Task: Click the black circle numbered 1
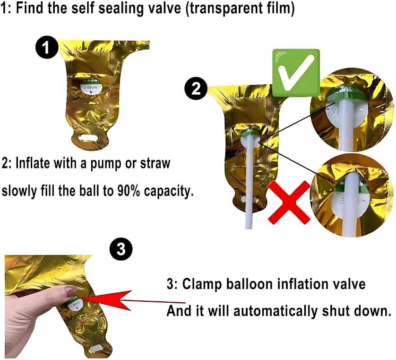coord(47,47)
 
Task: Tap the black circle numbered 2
coord(196,89)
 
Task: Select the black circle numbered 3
coord(121,249)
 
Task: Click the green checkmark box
coord(296,73)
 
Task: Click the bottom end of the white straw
coord(249,228)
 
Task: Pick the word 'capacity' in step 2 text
coord(169,192)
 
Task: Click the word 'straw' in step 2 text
coord(155,164)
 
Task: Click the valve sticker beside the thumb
coord(76,304)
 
